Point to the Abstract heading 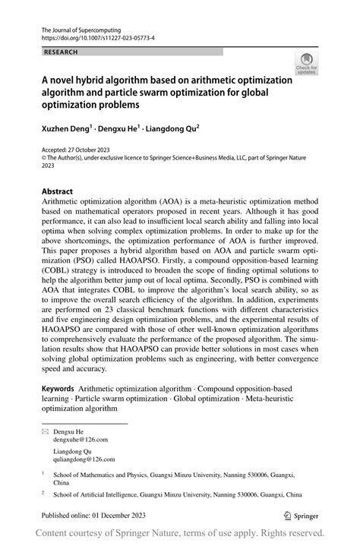click(58, 191)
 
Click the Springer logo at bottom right click(300, 514)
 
